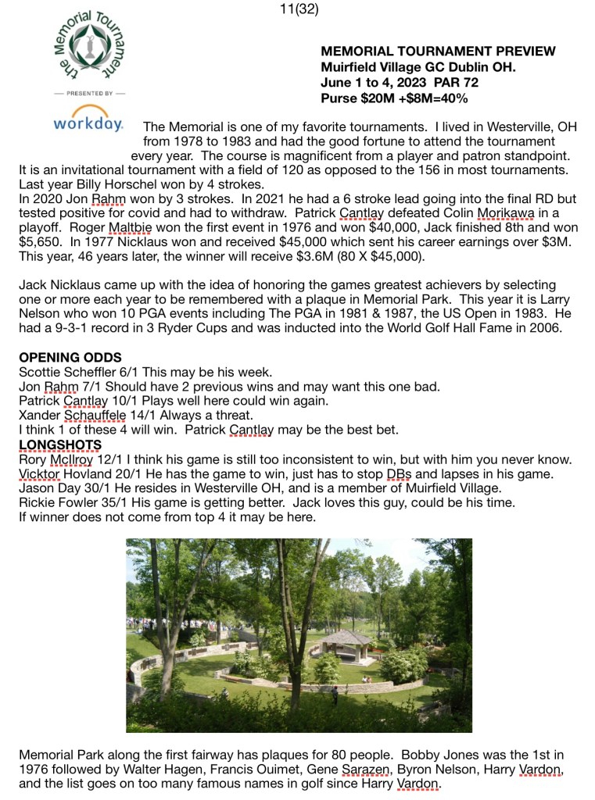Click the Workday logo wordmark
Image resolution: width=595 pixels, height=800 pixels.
point(88,123)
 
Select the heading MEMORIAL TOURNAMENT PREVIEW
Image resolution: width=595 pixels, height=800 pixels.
point(438,52)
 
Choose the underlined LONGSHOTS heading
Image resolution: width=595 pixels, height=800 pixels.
point(60,445)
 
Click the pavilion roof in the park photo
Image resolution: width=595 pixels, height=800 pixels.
point(346,637)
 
